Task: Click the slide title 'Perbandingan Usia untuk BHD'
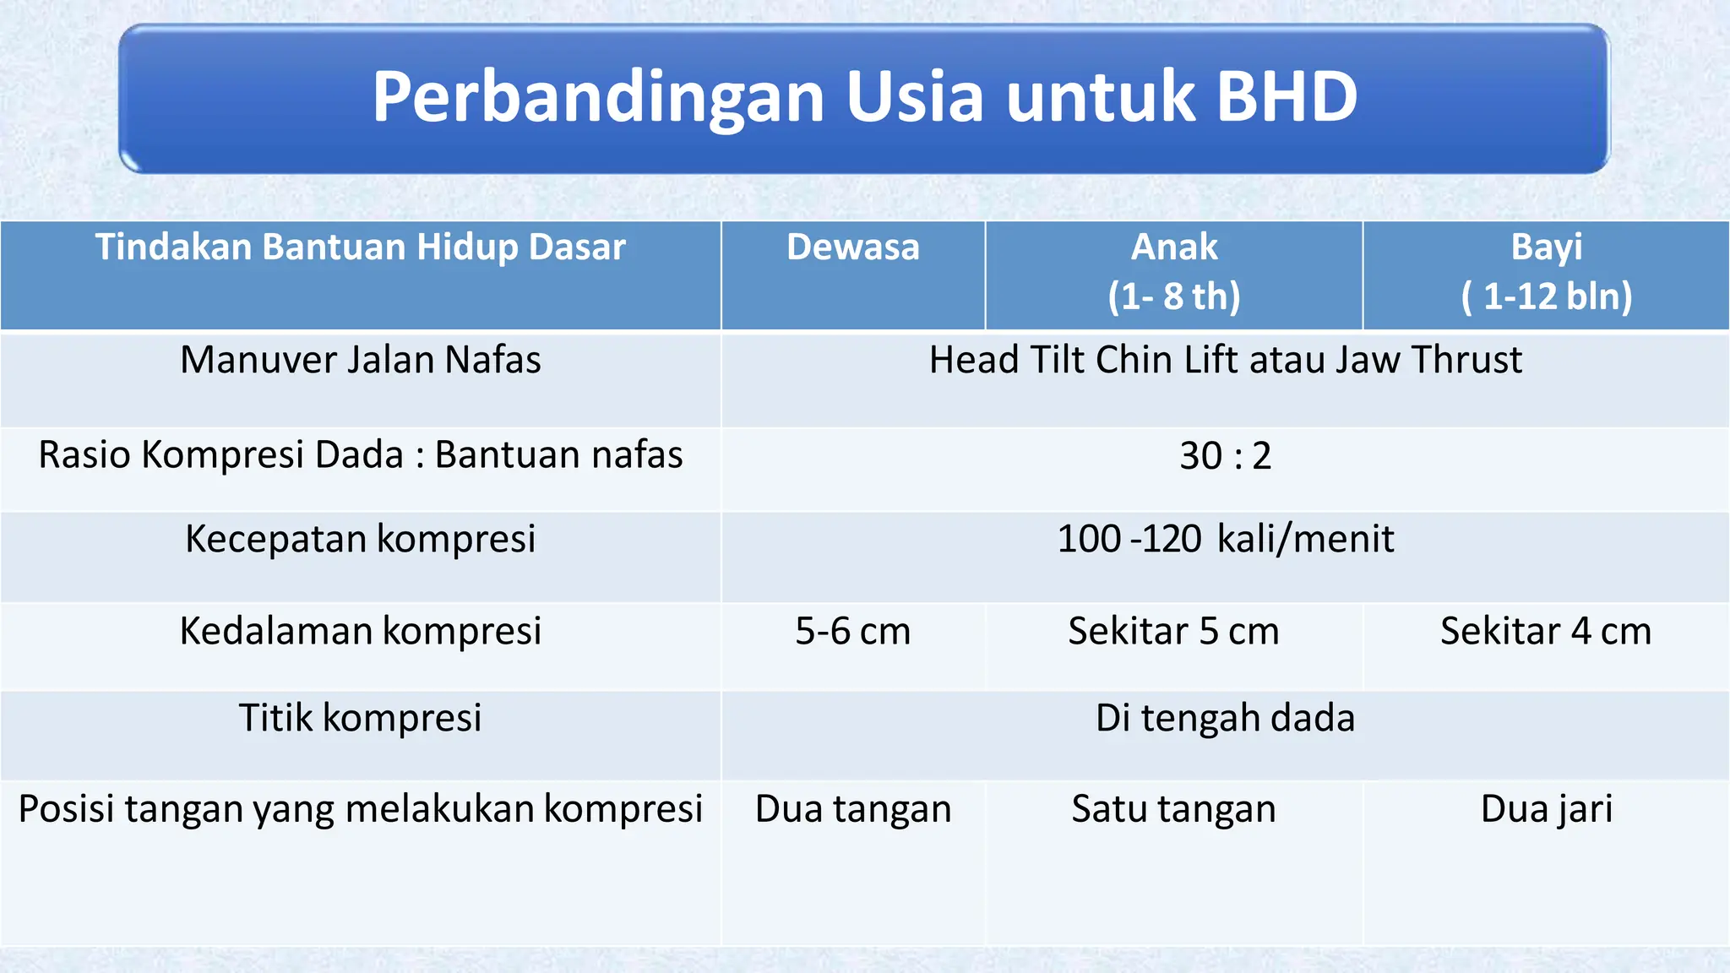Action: click(x=864, y=97)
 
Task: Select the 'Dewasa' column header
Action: click(x=852, y=247)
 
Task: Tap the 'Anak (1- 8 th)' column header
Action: click(x=1173, y=271)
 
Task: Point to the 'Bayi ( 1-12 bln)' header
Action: click(x=1546, y=271)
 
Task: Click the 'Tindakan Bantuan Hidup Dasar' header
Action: click(x=360, y=247)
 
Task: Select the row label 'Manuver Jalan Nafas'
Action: click(x=360, y=360)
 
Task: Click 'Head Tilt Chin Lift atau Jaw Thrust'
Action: click(x=1225, y=360)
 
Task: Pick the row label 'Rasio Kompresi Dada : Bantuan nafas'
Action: click(x=360, y=455)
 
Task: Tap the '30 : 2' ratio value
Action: click(x=1225, y=456)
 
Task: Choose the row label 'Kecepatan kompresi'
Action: click(x=360, y=539)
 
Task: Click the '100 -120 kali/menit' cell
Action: click(x=1225, y=539)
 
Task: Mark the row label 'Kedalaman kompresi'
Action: click(x=360, y=631)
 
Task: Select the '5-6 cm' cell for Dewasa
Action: click(x=852, y=632)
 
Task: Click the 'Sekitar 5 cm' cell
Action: click(x=1173, y=632)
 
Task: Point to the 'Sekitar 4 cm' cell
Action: click(x=1546, y=632)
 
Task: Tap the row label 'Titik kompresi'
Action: click(x=360, y=718)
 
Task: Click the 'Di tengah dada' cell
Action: click(x=1225, y=718)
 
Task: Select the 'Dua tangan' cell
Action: click(x=852, y=809)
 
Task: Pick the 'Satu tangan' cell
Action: click(x=1173, y=809)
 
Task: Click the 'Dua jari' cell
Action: click(x=1546, y=809)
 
